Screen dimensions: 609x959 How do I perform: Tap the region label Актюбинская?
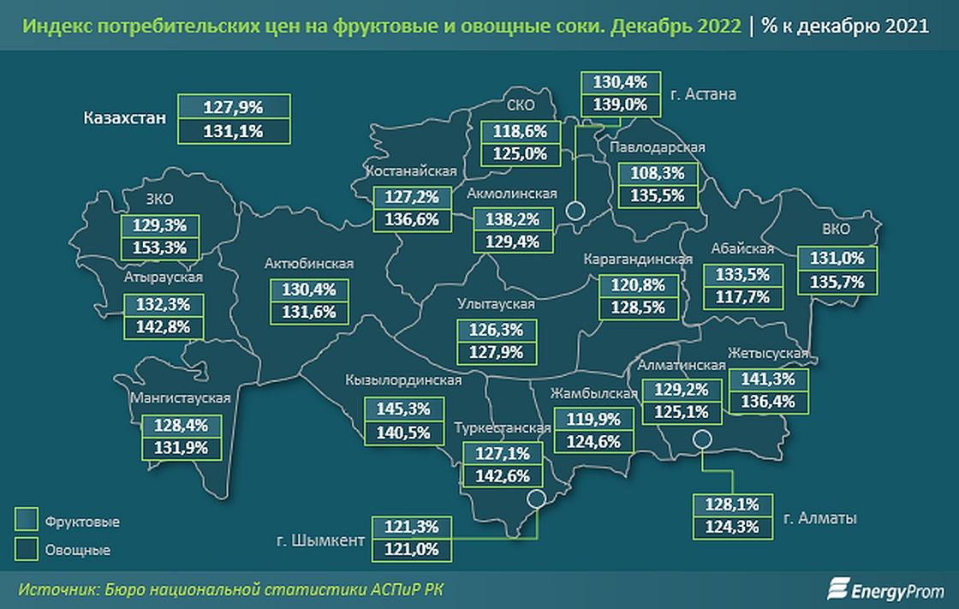[309, 264]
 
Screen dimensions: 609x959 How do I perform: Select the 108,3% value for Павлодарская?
[657, 172]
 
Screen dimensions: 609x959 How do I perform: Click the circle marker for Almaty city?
[702, 440]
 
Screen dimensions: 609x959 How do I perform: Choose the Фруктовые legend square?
[27, 521]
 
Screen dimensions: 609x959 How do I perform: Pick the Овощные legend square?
[27, 548]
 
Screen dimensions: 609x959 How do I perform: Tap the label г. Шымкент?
[319, 540]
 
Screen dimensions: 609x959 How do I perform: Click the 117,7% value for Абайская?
[742, 297]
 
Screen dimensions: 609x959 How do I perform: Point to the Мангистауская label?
[180, 397]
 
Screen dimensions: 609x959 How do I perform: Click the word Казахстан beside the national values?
[124, 118]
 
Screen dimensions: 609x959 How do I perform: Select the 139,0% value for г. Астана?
[621, 104]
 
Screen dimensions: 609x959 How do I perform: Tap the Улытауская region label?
[495, 304]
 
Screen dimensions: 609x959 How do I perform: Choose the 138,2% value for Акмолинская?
[513, 219]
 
